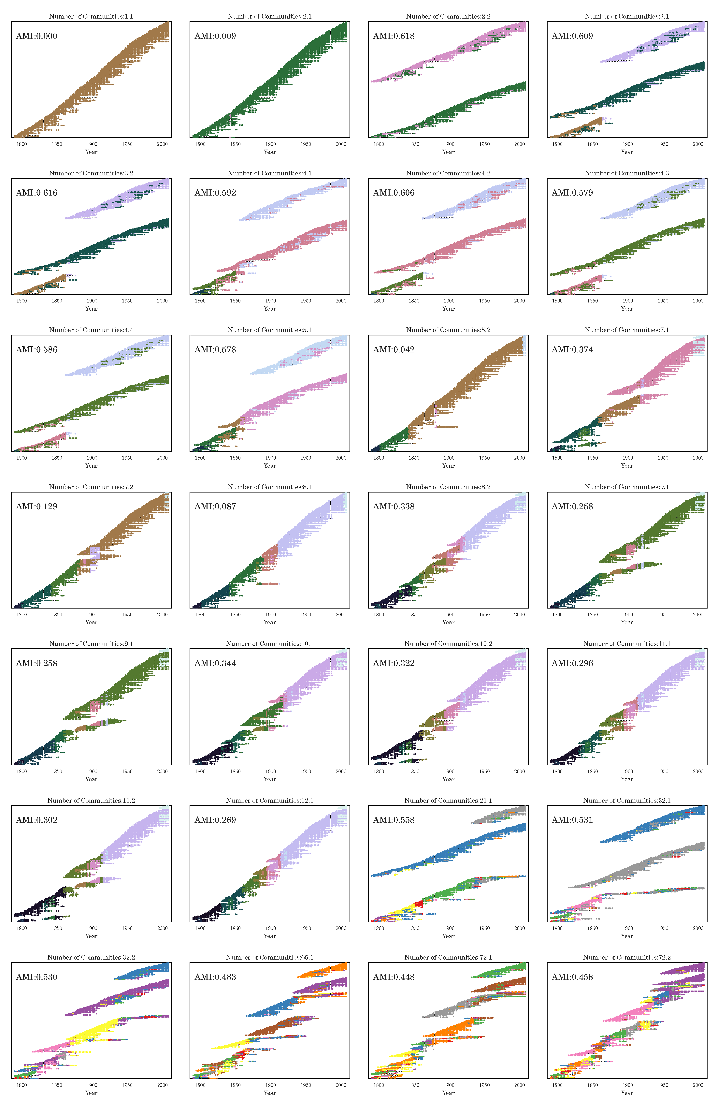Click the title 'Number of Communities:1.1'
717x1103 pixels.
tap(91, 16)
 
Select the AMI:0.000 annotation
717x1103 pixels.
tap(37, 36)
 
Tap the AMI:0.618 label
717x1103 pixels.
tap(394, 36)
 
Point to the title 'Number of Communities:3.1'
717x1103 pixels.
tap(627, 16)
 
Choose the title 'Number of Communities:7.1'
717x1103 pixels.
tap(627, 330)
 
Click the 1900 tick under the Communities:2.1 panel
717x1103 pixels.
tap(270, 144)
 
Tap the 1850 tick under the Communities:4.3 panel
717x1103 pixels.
tap(592, 301)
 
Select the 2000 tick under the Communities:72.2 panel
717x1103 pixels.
tap(698, 1085)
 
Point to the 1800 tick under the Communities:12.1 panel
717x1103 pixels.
tap(200, 928)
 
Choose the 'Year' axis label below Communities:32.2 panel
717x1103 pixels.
tap(91, 1093)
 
